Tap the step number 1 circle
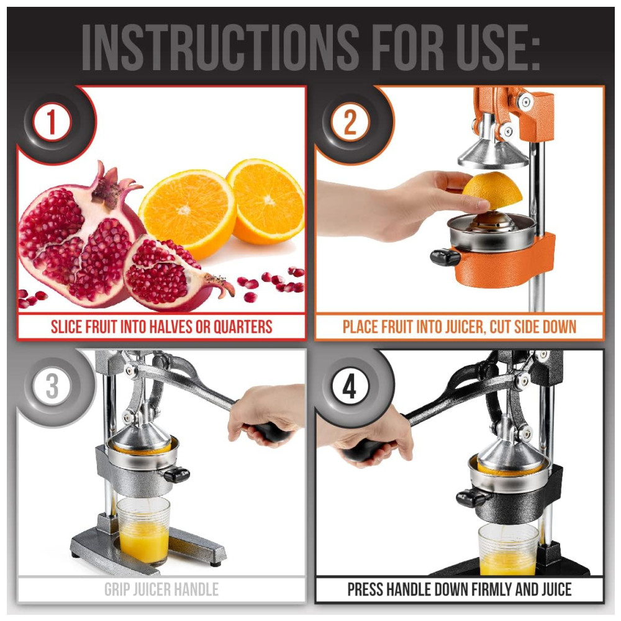[52, 122]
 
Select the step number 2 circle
[350, 122]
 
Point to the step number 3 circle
[52, 386]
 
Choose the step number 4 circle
[350, 386]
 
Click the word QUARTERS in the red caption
[243, 327]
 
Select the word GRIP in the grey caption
[117, 589]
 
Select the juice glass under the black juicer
[509, 549]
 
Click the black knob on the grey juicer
[176, 474]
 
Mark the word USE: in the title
[497, 47]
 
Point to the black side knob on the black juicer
[471, 498]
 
